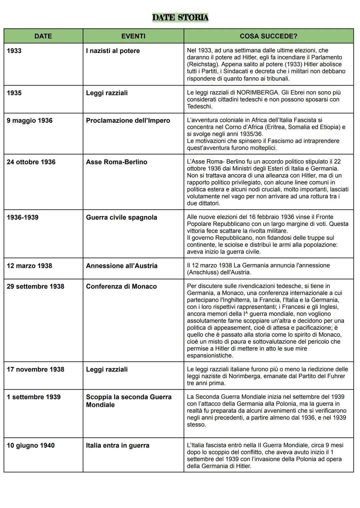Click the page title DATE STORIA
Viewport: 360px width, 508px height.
pos(180,17)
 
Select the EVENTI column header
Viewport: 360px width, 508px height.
pos(133,36)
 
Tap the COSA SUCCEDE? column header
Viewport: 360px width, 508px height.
pos(268,36)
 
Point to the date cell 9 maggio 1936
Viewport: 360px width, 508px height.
pos(30,121)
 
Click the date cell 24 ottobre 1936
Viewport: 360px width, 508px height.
pos(31,162)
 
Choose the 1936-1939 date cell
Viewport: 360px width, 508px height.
pos(23,218)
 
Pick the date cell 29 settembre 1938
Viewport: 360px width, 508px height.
pos(35,286)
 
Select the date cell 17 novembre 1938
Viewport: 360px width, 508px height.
pos(35,369)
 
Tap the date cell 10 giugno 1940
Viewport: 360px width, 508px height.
pos(31,446)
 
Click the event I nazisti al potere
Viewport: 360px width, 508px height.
pos(113,51)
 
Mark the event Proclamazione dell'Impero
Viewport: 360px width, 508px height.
pos(128,121)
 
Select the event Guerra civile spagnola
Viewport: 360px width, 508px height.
pos(121,218)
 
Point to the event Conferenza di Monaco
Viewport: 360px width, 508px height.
pos(121,286)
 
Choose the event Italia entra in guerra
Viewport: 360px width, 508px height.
pos(118,446)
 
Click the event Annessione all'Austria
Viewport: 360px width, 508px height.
pos(122,266)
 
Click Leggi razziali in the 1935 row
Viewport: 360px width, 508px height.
pos(107,93)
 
